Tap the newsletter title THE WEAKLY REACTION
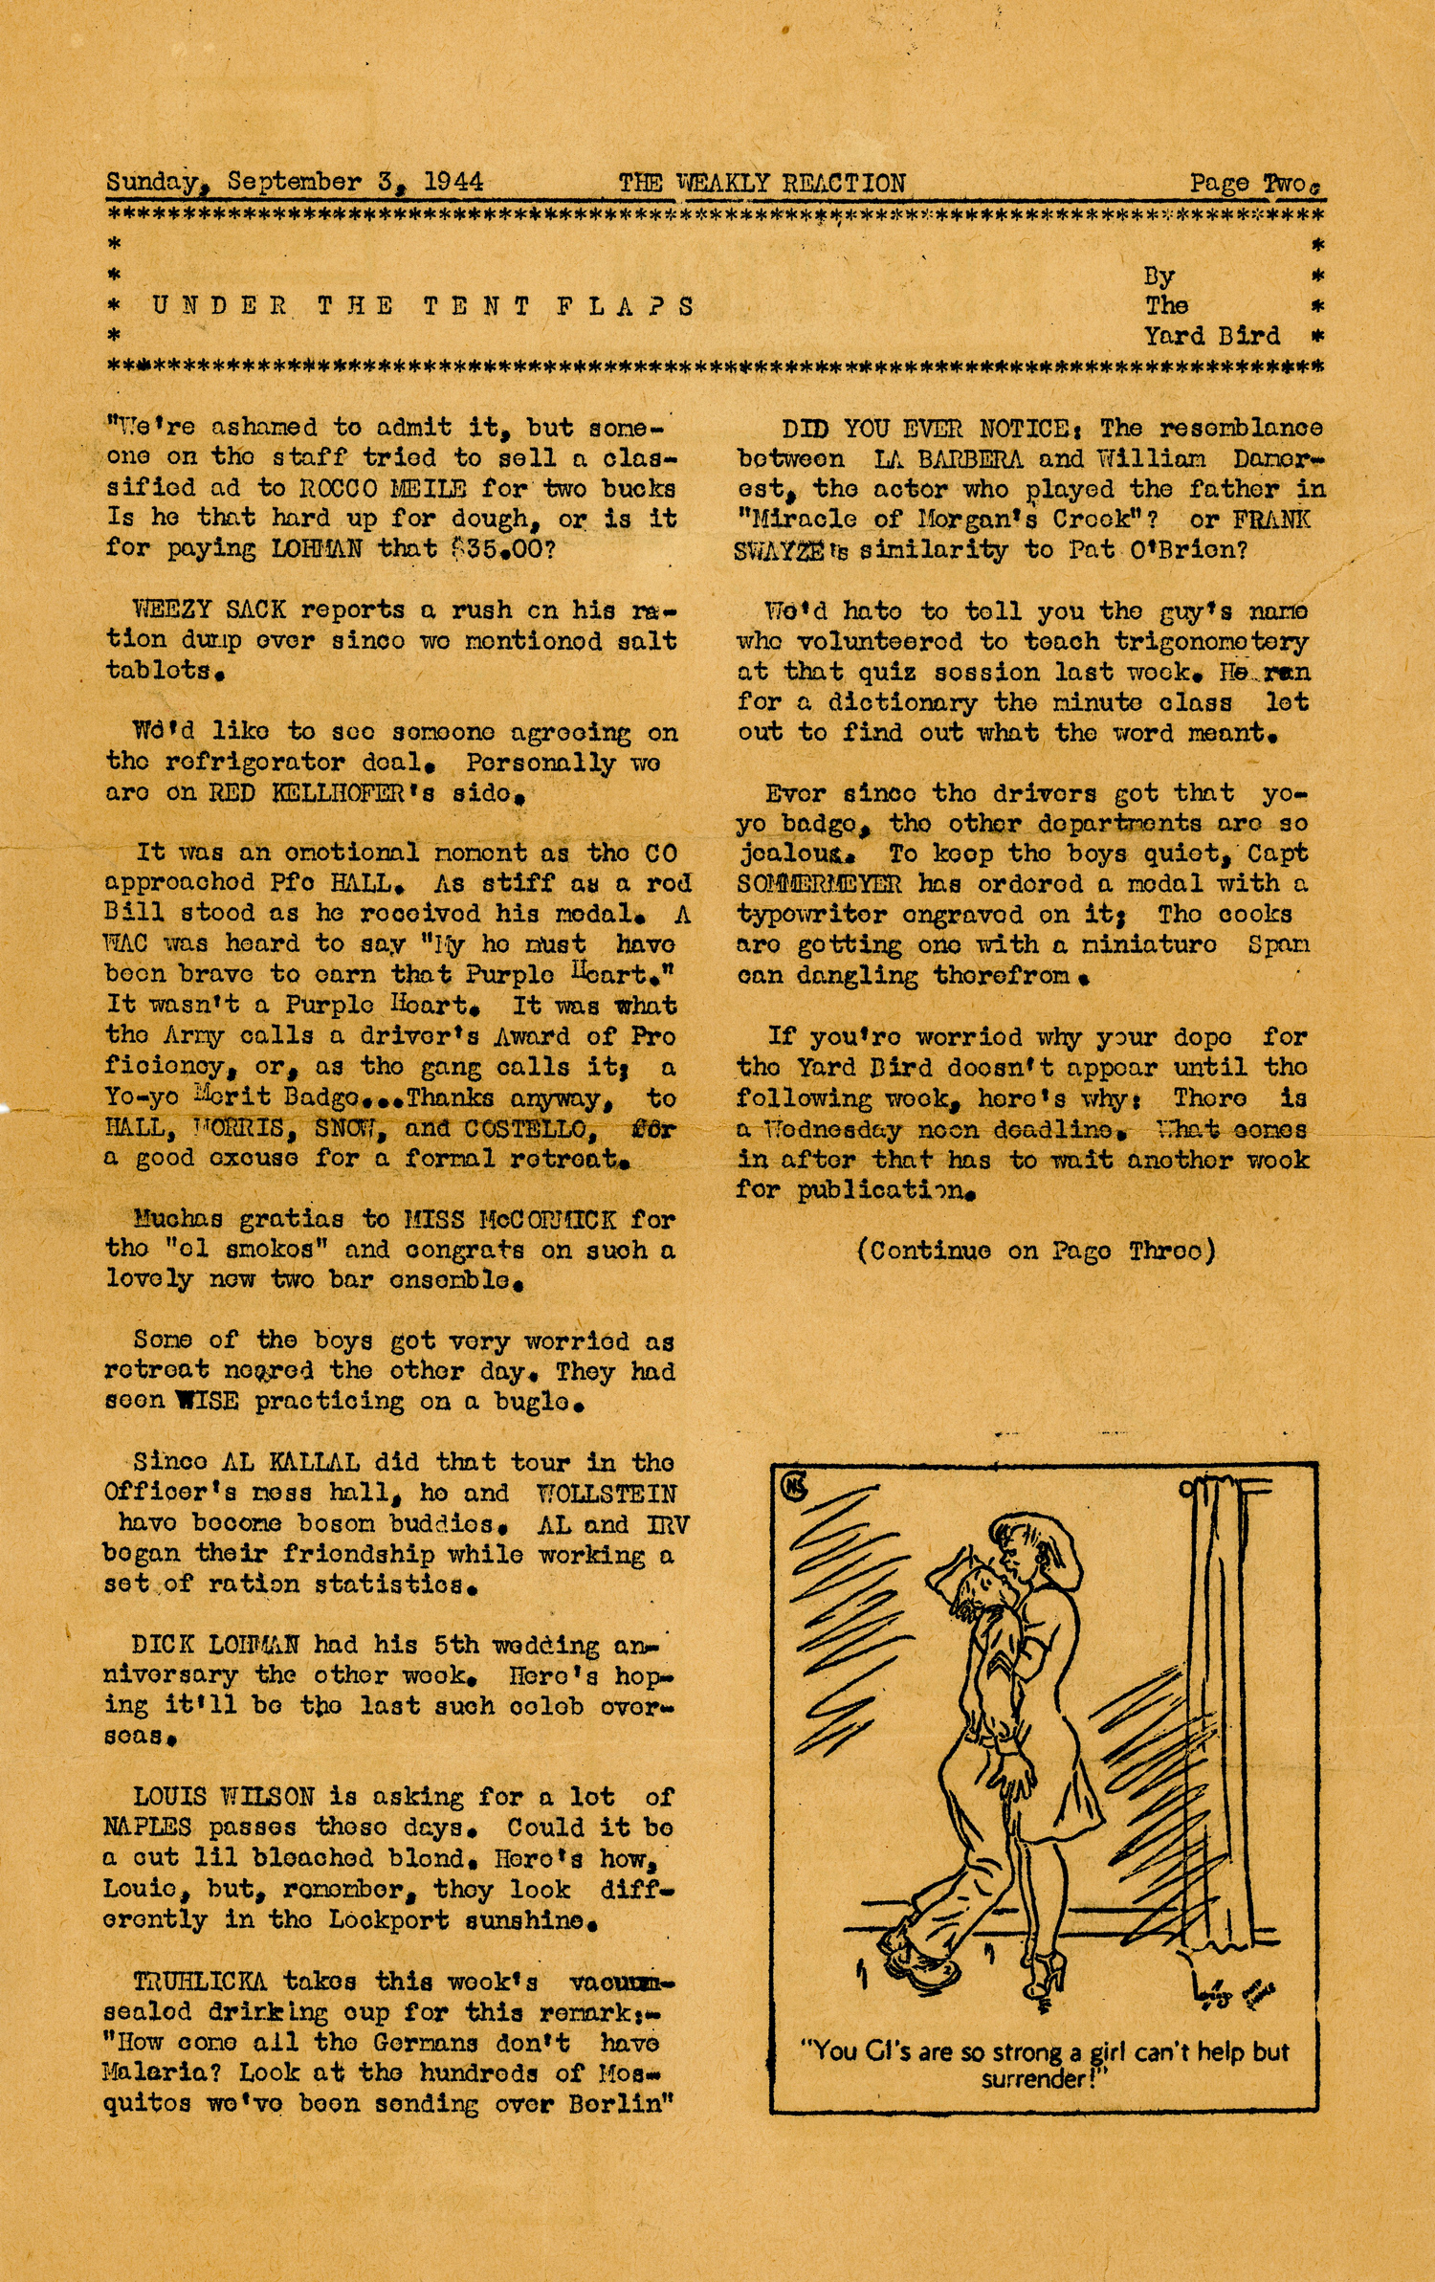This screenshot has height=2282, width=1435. (762, 183)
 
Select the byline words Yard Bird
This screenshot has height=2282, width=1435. (1211, 336)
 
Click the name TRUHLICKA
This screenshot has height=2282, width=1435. (200, 1980)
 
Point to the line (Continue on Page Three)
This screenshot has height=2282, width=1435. (1036, 1251)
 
